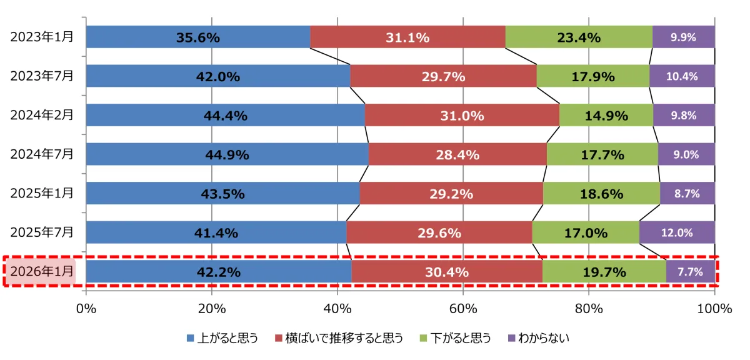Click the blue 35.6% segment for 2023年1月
tap(197, 37)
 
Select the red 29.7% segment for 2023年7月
tap(443, 76)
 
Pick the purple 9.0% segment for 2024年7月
tap(686, 154)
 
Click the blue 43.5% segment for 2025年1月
tap(222, 194)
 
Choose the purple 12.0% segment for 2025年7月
tap(677, 232)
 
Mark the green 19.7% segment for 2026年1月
tap(604, 272)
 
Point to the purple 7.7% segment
tap(690, 272)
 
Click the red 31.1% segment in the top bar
tap(407, 37)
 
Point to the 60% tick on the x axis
tap(463, 308)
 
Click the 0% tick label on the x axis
tap(86, 308)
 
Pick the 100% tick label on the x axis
tap(714, 308)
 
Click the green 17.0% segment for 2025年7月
tap(586, 232)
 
